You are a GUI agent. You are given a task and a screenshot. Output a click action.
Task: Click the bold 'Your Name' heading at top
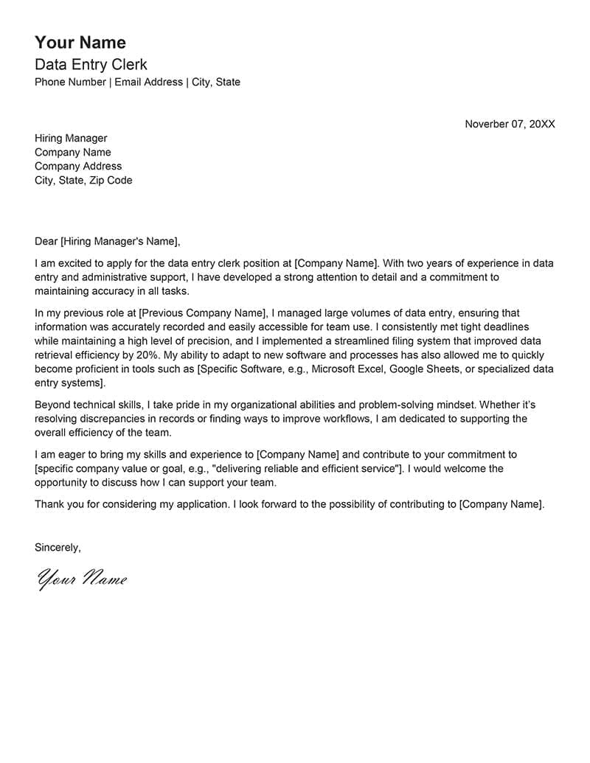(80, 42)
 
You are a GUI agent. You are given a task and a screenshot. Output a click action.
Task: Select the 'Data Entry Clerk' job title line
(91, 64)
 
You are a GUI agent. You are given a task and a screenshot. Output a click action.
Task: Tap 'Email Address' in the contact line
(148, 82)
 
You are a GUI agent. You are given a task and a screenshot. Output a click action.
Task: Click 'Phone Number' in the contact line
(70, 82)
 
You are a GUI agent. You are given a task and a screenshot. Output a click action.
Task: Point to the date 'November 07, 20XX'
(510, 124)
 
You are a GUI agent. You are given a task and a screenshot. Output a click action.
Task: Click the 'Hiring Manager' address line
(71, 138)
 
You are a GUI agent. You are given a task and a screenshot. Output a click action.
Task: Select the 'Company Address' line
(78, 166)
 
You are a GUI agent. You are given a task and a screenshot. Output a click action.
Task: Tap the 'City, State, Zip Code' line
(83, 180)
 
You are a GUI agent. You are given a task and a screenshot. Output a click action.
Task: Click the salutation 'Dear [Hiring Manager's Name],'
(107, 241)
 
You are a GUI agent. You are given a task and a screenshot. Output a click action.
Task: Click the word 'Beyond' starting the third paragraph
(52, 405)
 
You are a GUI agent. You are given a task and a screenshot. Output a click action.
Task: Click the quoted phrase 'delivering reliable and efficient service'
(307, 468)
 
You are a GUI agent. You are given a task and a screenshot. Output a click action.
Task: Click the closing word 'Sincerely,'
(58, 547)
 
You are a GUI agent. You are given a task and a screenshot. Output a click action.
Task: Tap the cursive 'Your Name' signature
(82, 579)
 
